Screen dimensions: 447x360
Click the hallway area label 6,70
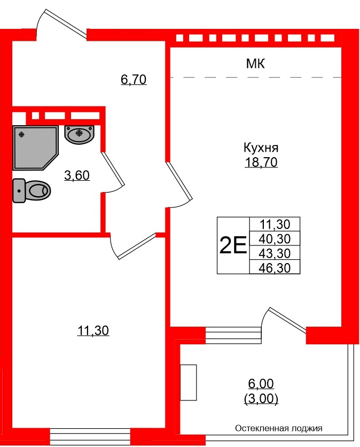(134, 80)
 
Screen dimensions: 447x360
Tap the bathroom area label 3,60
(76, 175)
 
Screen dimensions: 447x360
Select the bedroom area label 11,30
(93, 331)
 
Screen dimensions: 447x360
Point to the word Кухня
(261, 148)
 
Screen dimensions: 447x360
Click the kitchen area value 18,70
(261, 163)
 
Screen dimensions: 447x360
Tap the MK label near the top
(256, 64)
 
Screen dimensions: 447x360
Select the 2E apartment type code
(233, 246)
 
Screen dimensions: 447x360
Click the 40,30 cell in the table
(275, 238)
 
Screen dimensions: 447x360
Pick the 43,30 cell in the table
(275, 253)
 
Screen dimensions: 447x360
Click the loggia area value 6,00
(261, 384)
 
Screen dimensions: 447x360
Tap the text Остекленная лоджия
(279, 428)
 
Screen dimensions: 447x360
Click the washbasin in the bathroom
(79, 133)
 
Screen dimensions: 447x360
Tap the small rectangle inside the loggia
(189, 382)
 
